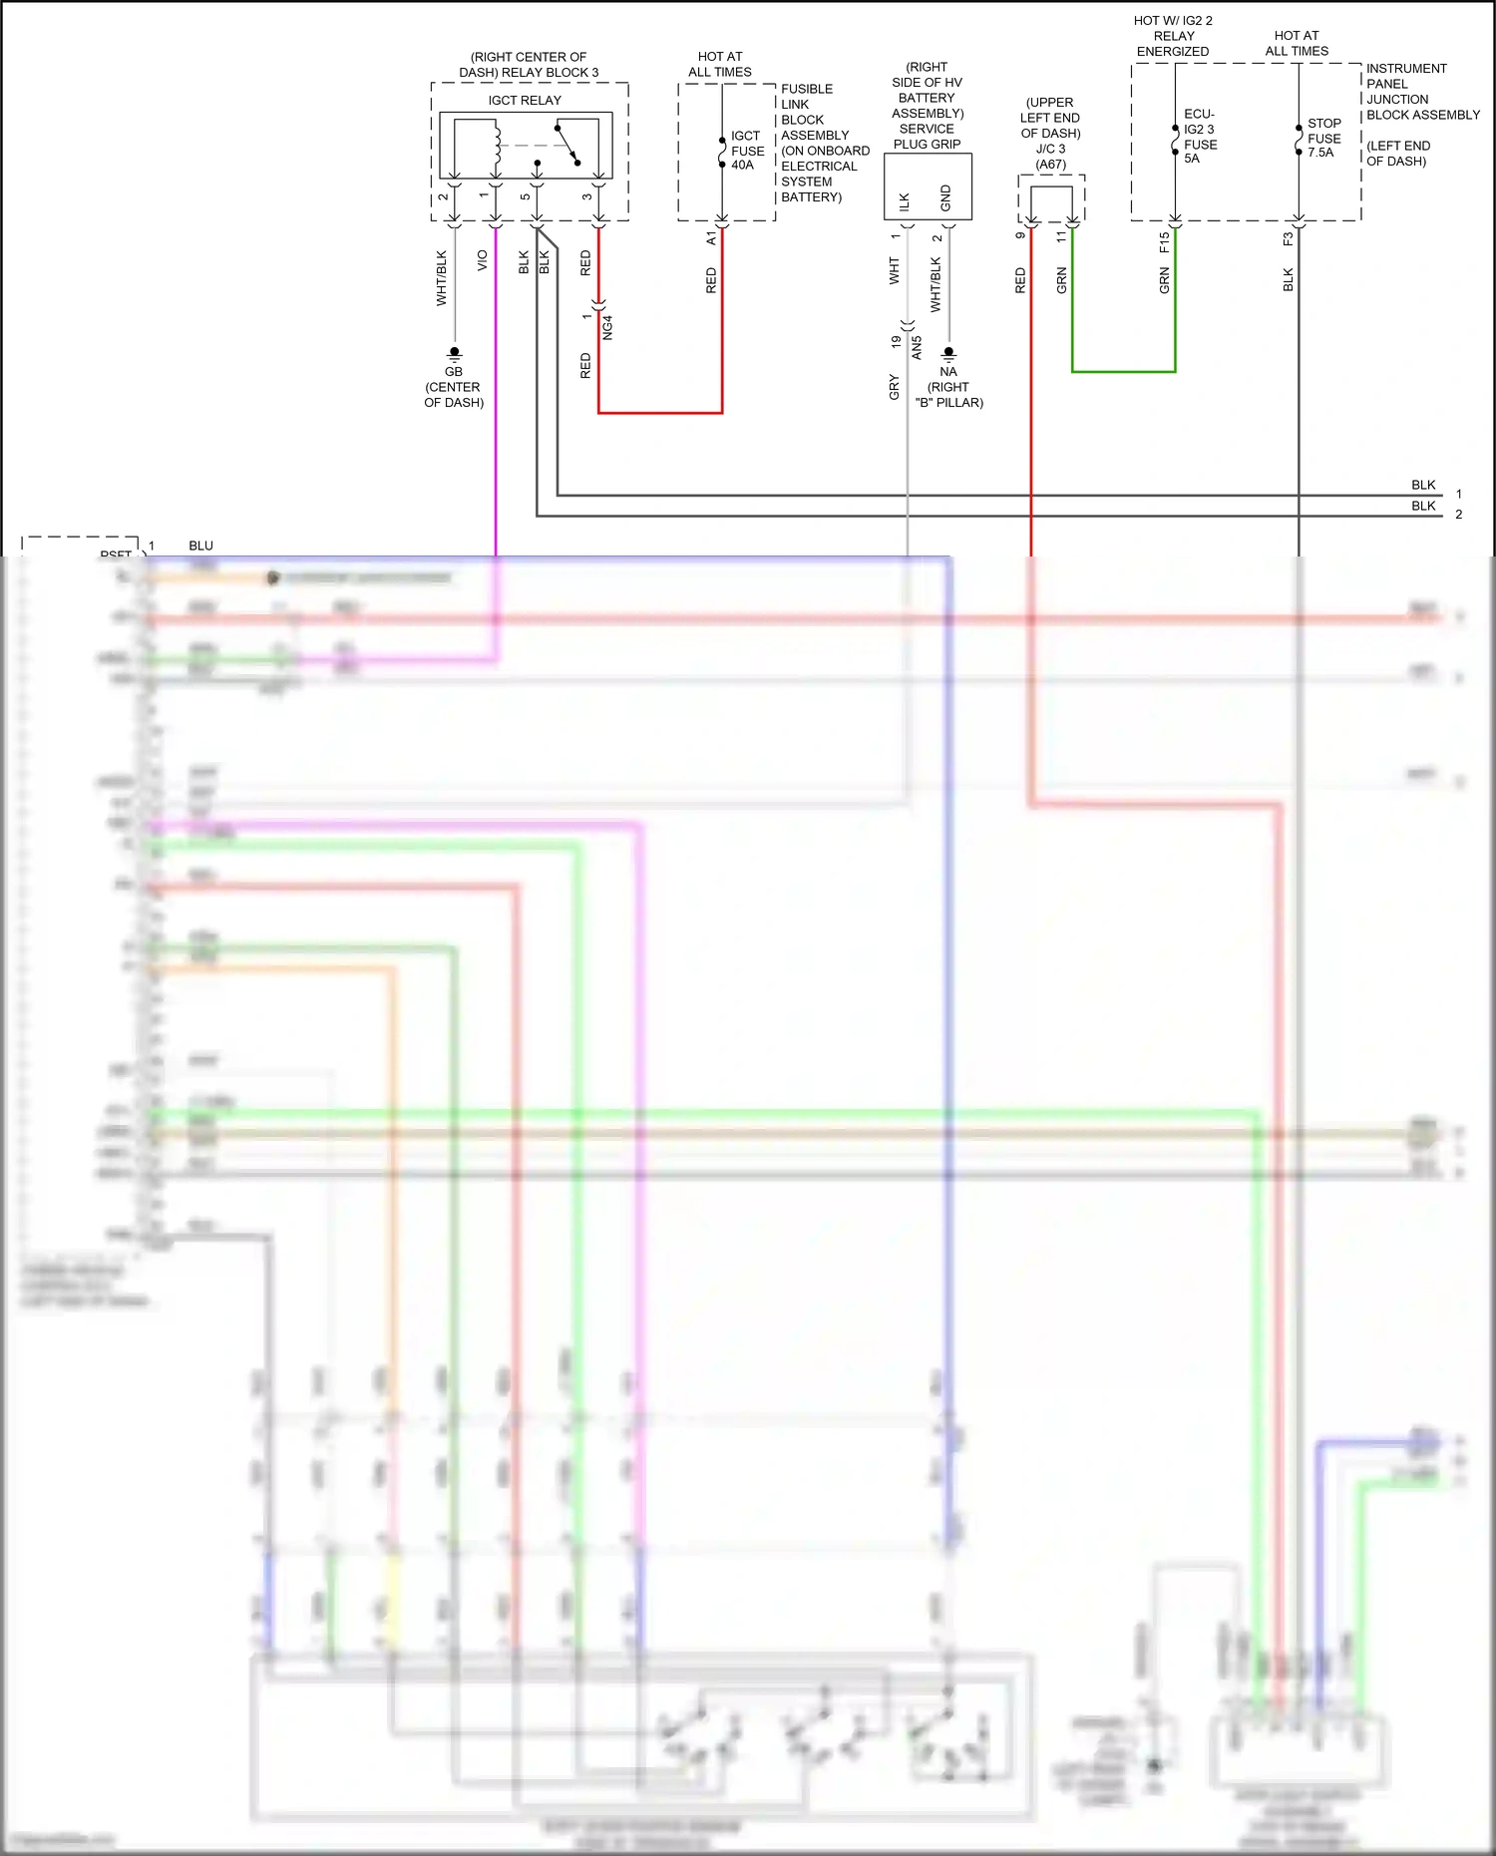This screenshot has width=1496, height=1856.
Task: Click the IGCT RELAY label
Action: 525,101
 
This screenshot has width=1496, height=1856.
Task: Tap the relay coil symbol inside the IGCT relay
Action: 496,145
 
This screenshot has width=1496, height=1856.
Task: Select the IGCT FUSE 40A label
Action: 747,151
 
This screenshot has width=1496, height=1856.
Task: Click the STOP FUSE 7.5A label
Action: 1323,139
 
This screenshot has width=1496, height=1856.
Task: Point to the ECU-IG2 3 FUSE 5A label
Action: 1199,137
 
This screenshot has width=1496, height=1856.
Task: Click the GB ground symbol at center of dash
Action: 454,353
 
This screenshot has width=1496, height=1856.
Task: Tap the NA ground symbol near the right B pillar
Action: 948,353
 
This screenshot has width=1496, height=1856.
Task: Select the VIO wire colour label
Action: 483,260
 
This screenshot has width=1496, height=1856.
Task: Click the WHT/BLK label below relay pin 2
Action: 442,278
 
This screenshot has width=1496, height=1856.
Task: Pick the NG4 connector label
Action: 607,327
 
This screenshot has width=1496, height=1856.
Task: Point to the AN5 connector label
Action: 917,347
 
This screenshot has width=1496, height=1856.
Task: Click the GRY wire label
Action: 895,387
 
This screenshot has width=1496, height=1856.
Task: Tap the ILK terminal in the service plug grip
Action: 905,201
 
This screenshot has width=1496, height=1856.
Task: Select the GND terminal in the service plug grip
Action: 945,198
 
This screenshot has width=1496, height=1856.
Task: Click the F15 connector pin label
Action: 1164,241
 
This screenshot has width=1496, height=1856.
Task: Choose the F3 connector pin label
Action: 1288,239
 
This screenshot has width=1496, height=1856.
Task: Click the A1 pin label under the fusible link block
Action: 711,239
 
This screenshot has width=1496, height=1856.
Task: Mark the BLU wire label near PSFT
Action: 200,546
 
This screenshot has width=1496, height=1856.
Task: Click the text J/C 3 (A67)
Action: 1050,157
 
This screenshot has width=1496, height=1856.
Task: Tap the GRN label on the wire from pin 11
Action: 1062,280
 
